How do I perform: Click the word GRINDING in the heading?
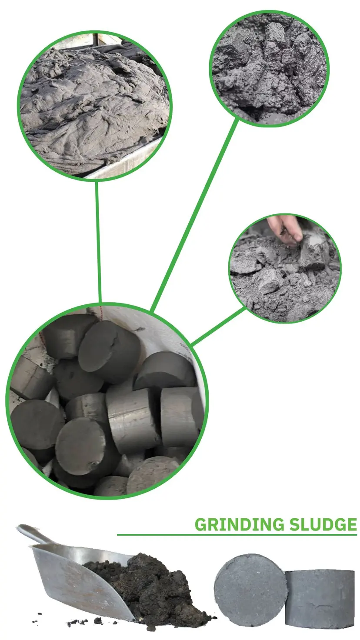click(240, 525)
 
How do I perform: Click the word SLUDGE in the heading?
click(323, 525)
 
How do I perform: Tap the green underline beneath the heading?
click(237, 534)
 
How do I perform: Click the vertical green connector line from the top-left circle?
click(98, 241)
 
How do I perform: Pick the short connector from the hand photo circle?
click(219, 326)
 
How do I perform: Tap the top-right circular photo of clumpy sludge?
click(269, 69)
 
